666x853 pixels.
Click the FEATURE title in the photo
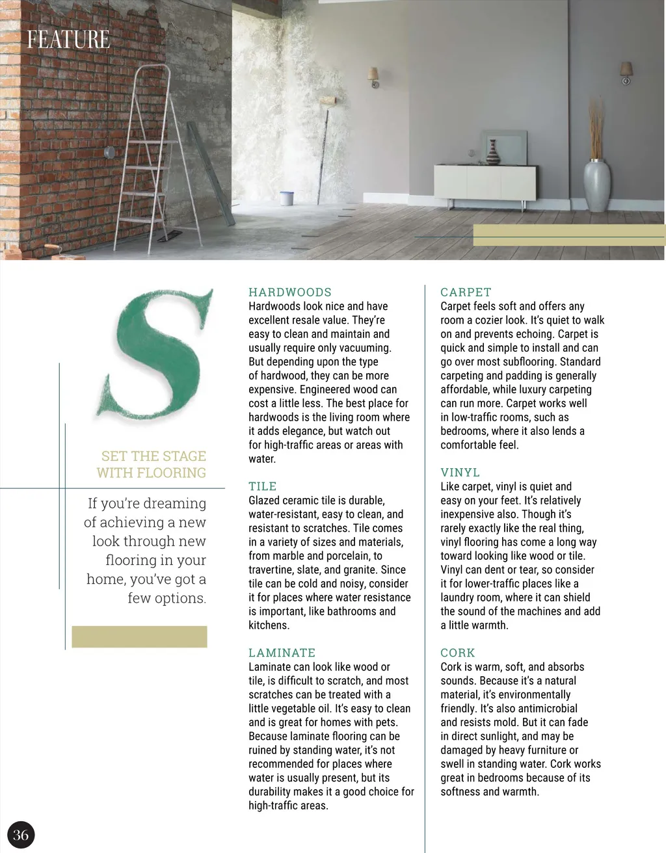[x=68, y=40]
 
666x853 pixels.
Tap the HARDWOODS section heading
[x=290, y=293]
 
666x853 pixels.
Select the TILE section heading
[x=263, y=486]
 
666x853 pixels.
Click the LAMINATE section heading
[x=282, y=653]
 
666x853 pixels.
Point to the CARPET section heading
[x=466, y=293]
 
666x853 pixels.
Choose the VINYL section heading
[x=460, y=473]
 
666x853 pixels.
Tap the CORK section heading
[x=458, y=653]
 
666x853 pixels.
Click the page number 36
[x=21, y=835]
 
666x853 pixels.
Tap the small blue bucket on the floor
[x=286, y=198]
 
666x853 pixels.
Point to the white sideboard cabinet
[x=485, y=181]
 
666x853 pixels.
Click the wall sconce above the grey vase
[x=626, y=72]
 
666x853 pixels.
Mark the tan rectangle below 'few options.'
[x=139, y=636]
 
